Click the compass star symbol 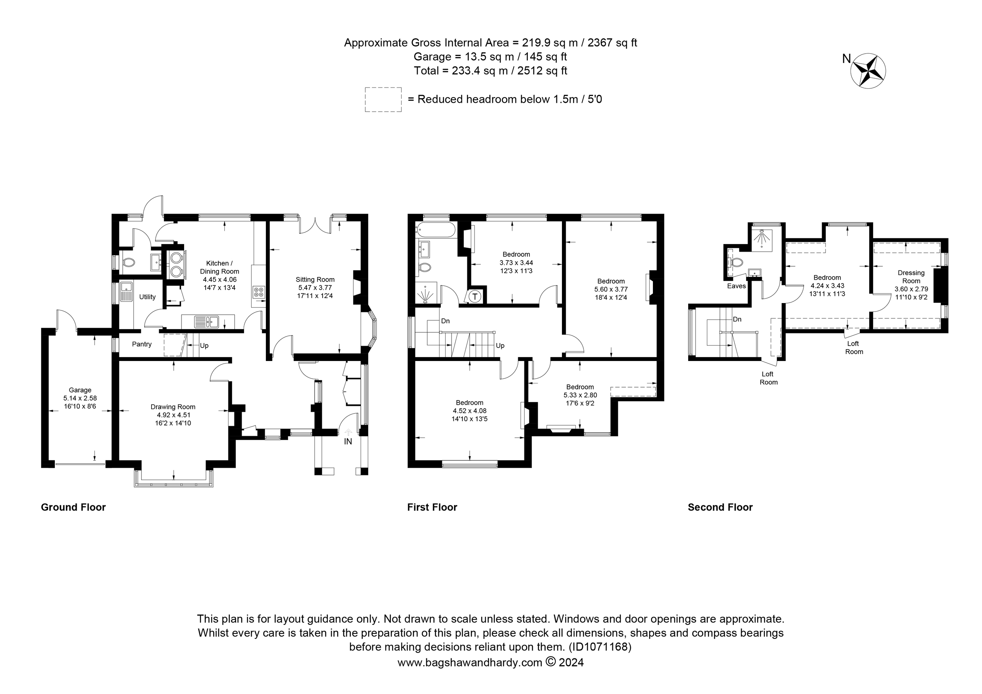point(868,71)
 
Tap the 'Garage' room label point(80,390)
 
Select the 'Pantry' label point(142,345)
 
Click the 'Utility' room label point(148,297)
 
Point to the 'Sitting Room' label point(315,280)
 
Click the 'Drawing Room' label point(173,407)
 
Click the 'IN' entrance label point(348,441)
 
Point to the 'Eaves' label point(736,286)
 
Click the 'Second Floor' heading point(720,507)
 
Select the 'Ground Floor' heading point(73,507)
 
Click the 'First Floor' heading point(432,507)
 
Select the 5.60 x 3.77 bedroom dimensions point(611,289)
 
